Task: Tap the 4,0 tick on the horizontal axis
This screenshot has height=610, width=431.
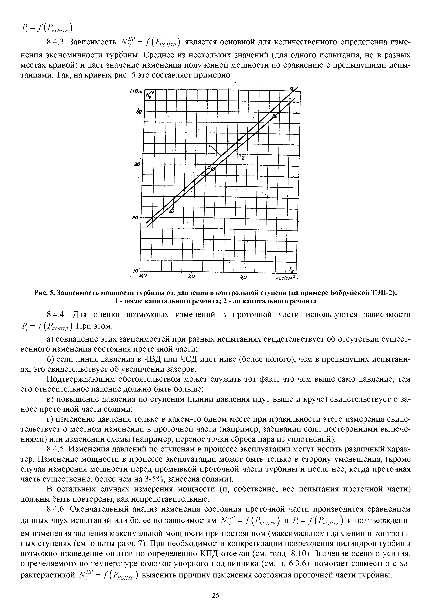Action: click(x=243, y=277)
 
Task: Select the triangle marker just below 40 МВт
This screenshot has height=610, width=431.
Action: click(x=274, y=116)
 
